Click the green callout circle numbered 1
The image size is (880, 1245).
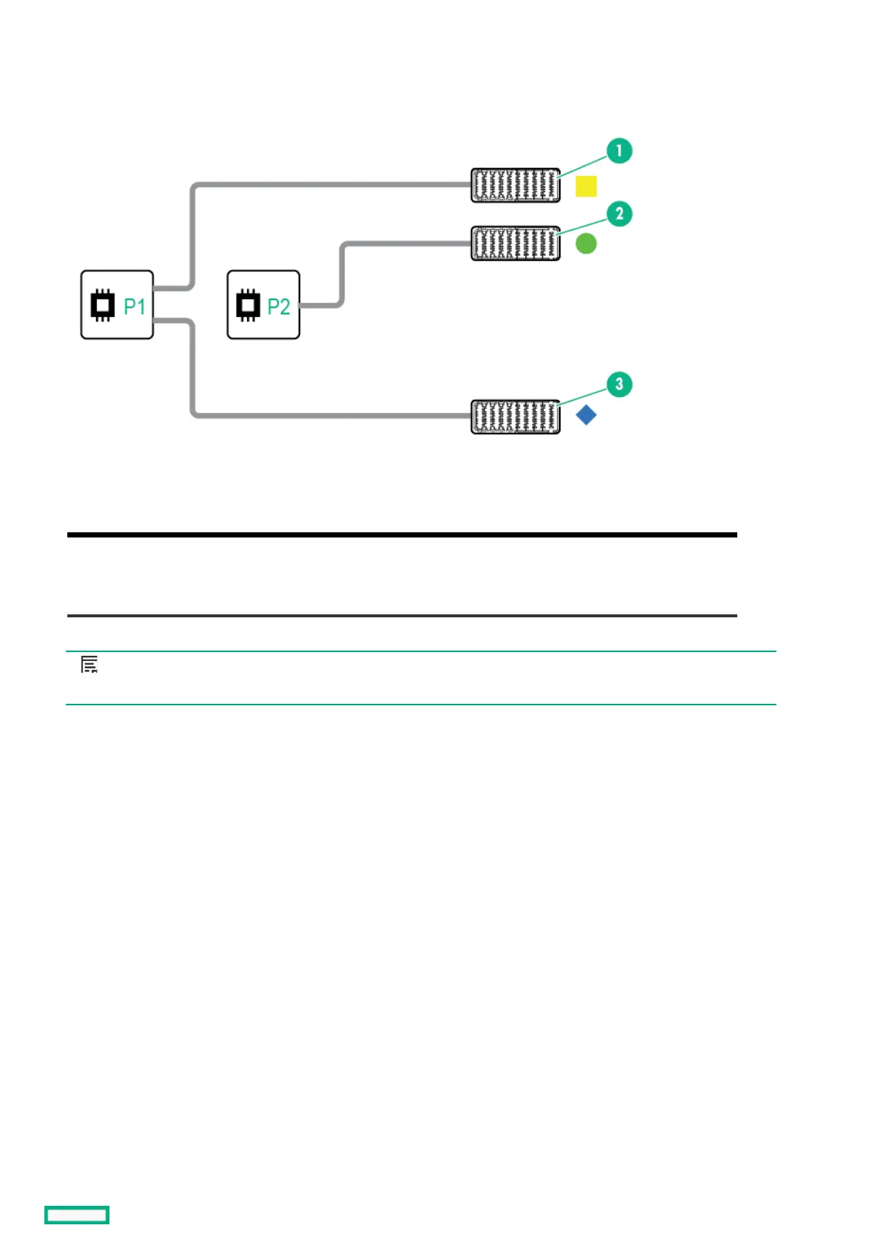pyautogui.click(x=619, y=151)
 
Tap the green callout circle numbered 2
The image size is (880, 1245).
pyautogui.click(x=619, y=214)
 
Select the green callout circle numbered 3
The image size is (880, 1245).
pyautogui.click(x=619, y=384)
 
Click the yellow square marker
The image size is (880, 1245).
pyautogui.click(x=586, y=186)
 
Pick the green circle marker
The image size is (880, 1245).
pyautogui.click(x=586, y=243)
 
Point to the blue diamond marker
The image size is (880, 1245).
pyautogui.click(x=586, y=415)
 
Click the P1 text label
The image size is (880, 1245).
pyautogui.click(x=135, y=306)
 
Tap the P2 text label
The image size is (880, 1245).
pyautogui.click(x=279, y=306)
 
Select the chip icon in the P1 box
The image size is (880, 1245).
pyautogui.click(x=103, y=305)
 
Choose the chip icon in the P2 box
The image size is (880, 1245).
pyautogui.click(x=248, y=305)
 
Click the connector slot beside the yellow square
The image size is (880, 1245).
pyautogui.click(x=515, y=186)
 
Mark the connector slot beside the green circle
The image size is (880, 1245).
pyautogui.click(x=515, y=243)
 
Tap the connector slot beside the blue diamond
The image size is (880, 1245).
pyautogui.click(x=515, y=416)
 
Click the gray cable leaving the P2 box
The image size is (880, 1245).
pyautogui.click(x=342, y=274)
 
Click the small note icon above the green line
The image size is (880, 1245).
pyautogui.click(x=89, y=665)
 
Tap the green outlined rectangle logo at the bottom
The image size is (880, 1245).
pyautogui.click(x=77, y=1215)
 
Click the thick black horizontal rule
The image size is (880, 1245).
pyautogui.click(x=402, y=535)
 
